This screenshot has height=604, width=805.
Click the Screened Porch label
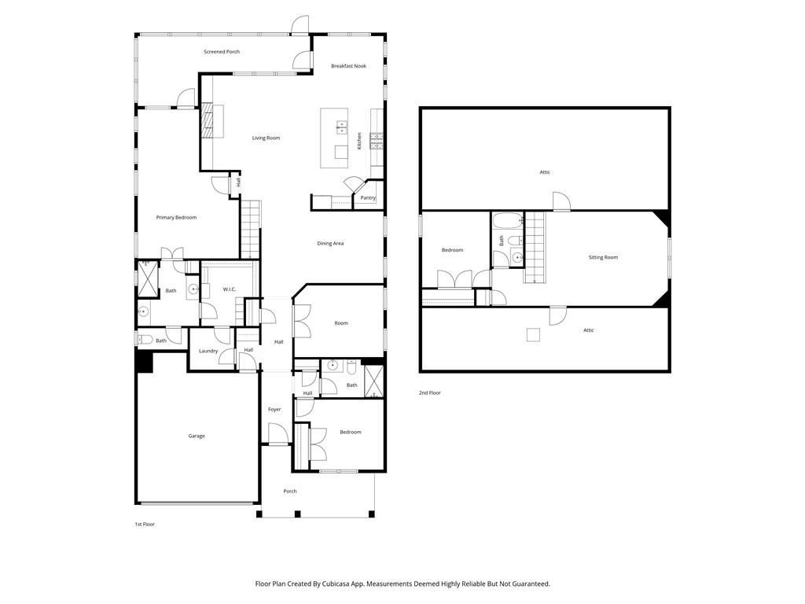(x=222, y=52)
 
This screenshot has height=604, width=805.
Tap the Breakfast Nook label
(x=348, y=66)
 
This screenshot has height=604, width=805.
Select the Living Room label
(x=266, y=138)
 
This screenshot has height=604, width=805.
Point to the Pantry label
(x=368, y=197)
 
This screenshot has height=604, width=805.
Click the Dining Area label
(x=330, y=244)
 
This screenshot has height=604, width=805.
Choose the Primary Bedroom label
(x=176, y=218)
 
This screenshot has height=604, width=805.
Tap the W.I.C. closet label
(x=229, y=289)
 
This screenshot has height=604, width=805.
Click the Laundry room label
(x=208, y=352)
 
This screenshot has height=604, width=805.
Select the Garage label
(x=196, y=436)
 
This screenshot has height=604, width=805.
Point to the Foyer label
(x=274, y=409)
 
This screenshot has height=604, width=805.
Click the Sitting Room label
(x=603, y=257)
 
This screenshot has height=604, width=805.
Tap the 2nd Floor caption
(x=430, y=393)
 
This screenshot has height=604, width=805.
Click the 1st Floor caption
(x=145, y=525)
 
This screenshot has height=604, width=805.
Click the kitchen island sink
(x=341, y=127)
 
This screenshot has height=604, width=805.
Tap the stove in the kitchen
(x=377, y=141)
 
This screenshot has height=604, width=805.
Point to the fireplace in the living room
(x=207, y=120)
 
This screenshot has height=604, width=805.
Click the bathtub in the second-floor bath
(x=508, y=221)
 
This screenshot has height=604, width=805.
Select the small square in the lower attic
(x=534, y=335)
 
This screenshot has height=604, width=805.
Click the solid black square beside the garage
(x=145, y=361)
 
